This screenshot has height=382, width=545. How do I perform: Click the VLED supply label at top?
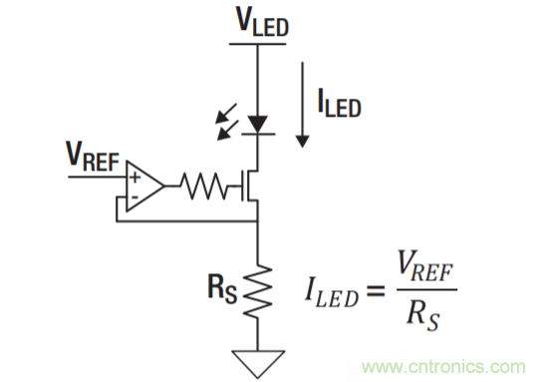[x=260, y=25]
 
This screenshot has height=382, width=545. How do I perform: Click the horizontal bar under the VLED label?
[x=260, y=44]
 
